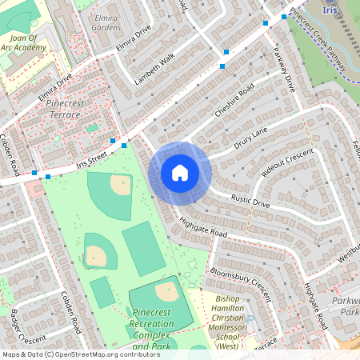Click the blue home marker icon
point(180,173)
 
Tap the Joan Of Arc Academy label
point(29,42)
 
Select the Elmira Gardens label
point(106,22)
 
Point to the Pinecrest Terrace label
point(64,110)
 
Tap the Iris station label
point(330,10)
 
